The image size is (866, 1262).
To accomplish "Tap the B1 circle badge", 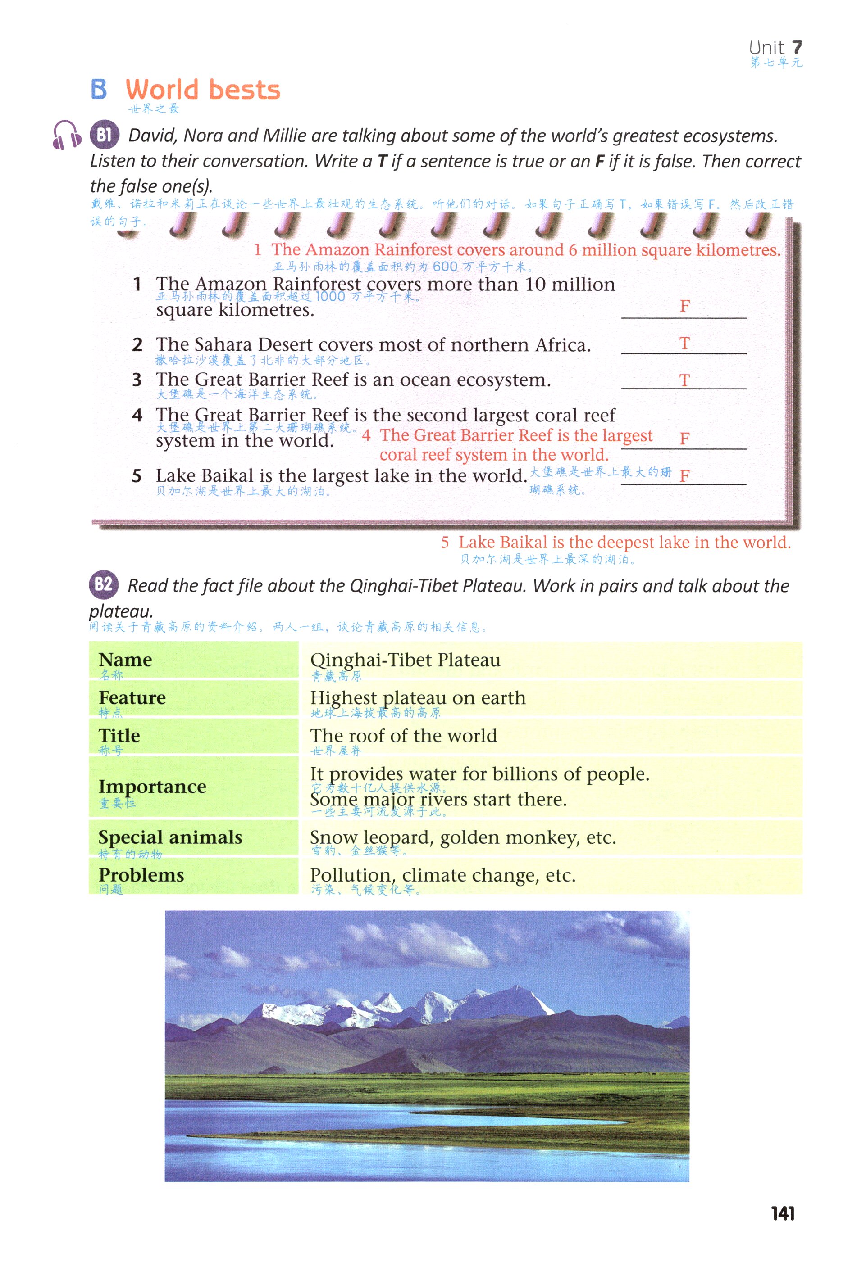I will pyautogui.click(x=104, y=134).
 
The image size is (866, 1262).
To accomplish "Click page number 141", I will pyautogui.click(x=782, y=1213).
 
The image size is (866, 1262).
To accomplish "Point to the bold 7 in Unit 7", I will pyautogui.click(x=797, y=47).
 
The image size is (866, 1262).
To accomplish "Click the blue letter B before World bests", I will pyautogui.click(x=99, y=90).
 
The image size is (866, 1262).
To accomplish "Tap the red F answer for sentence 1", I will pyautogui.click(x=684, y=306).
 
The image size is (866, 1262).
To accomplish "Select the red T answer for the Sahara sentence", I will pyautogui.click(x=684, y=344).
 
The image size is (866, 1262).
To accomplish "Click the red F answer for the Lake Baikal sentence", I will pyautogui.click(x=684, y=476).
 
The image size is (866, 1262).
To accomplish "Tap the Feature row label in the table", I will pyautogui.click(x=132, y=698).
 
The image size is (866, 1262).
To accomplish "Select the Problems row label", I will pyautogui.click(x=141, y=875).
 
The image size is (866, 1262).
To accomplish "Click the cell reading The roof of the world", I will pyautogui.click(x=403, y=736).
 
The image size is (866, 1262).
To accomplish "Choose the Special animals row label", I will pyautogui.click(x=170, y=837).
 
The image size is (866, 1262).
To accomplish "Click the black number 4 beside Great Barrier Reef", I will pyautogui.click(x=137, y=416).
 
